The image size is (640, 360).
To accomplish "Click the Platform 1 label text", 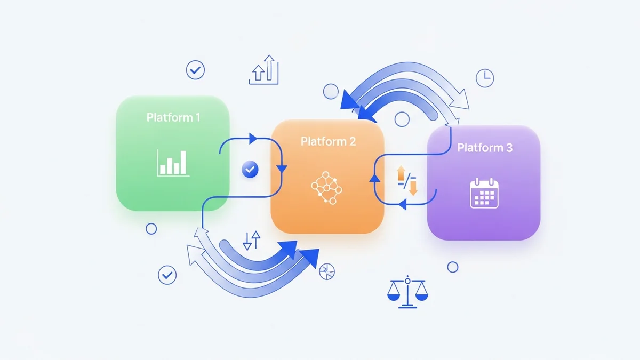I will (x=173, y=117).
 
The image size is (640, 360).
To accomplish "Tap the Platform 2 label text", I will (x=328, y=142).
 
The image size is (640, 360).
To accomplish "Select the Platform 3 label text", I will (x=484, y=148).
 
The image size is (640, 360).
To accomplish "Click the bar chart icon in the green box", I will (x=172, y=163).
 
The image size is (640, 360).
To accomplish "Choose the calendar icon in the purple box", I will (x=484, y=193).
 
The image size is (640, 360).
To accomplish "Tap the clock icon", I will (x=485, y=78).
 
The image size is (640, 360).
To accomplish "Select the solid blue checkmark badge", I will (x=250, y=170).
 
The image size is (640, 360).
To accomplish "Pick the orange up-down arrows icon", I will (x=408, y=180).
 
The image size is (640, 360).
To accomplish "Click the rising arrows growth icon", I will (x=263, y=70).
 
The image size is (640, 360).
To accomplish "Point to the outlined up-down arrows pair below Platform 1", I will (x=251, y=241).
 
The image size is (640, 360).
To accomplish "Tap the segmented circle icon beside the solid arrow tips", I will (x=326, y=271).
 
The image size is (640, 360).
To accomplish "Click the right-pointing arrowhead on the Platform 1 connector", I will (x=253, y=139).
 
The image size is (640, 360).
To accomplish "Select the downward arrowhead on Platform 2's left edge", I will (x=282, y=169).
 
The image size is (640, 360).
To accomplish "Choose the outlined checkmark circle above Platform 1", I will (x=195, y=69).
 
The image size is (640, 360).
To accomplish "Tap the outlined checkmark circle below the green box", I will (x=167, y=275).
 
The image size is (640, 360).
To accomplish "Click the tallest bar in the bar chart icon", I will (x=183, y=162).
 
